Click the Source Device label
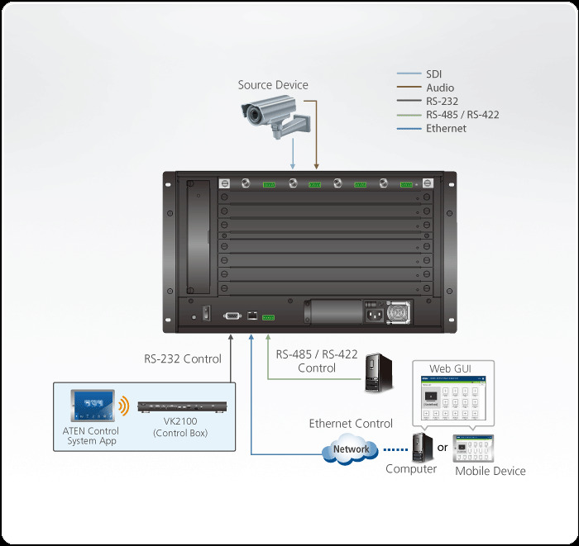pos(272,85)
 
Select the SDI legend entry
pos(435,74)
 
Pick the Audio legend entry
pos(439,88)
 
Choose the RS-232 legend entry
pos(442,102)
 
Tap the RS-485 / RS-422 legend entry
pos(462,115)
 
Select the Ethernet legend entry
pos(446,128)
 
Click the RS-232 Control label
pos(183,358)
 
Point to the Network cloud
pos(352,449)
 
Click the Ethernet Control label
pos(351,424)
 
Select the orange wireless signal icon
pos(124,406)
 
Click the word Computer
pos(411,469)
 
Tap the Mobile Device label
pos(490,471)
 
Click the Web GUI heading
pos(451,368)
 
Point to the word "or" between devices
pos(442,447)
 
